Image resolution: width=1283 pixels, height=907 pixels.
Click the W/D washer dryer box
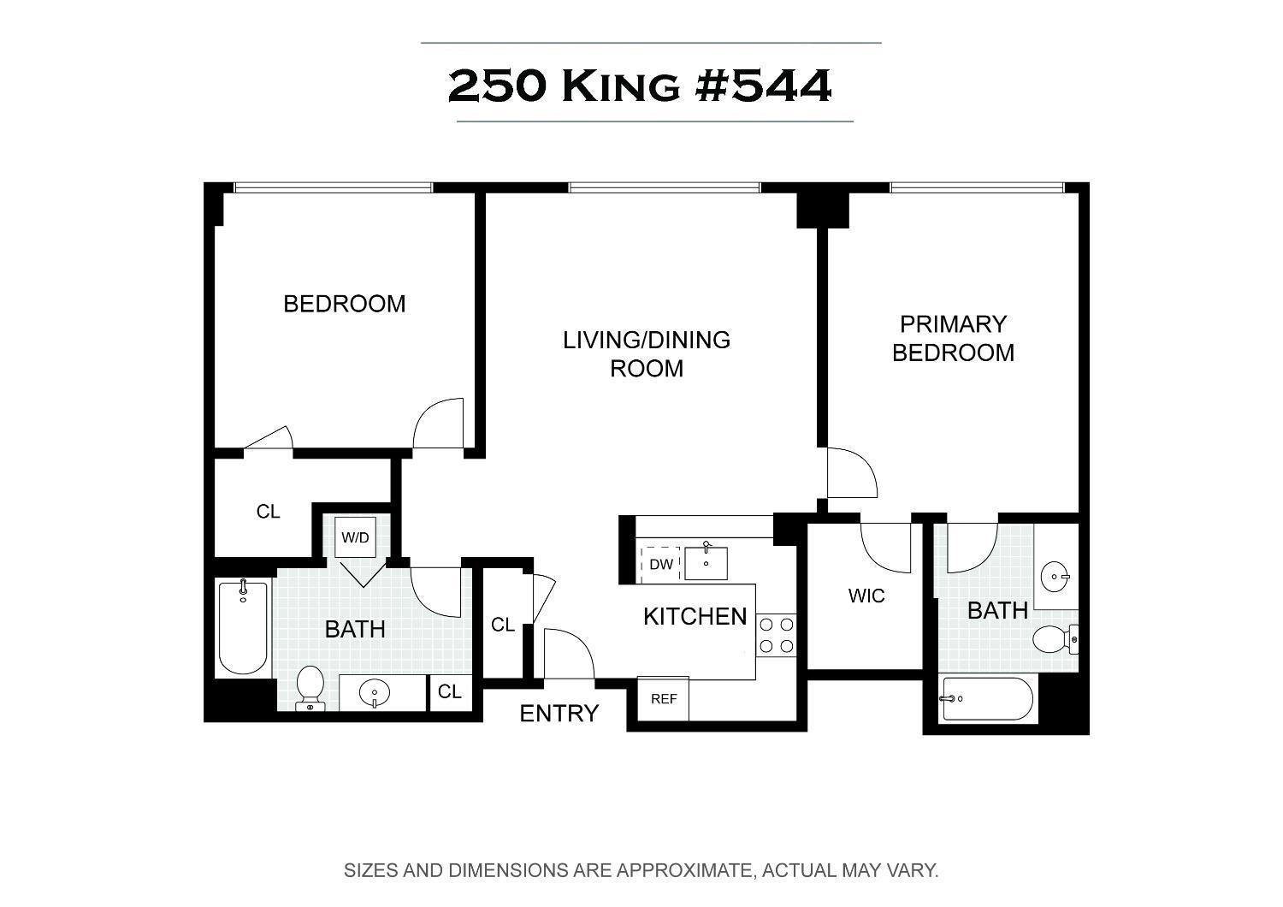pos(355,537)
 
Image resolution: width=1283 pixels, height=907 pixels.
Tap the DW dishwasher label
pos(660,564)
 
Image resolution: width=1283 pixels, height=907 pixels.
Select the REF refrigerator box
pos(664,699)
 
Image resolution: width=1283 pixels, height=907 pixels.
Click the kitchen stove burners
pos(777,635)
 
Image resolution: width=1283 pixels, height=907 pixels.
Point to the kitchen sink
pos(707,562)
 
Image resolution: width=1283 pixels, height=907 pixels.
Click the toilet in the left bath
pos(310,687)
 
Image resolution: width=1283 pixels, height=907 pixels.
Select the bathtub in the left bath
pos(243,627)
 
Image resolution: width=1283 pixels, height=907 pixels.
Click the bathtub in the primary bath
pos(986,699)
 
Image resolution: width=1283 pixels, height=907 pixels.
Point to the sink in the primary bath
pos(1057,577)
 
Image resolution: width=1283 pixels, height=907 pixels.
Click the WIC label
pos(866,596)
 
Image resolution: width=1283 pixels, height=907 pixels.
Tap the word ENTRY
pos(559,714)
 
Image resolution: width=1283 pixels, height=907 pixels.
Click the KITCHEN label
pos(695,616)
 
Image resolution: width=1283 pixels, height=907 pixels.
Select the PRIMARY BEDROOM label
pos(953,338)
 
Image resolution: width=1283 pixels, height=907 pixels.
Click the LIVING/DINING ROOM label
pos(647,353)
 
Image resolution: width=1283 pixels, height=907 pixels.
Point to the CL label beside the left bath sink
pos(450,691)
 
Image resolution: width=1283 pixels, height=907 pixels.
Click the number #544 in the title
pos(764,86)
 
